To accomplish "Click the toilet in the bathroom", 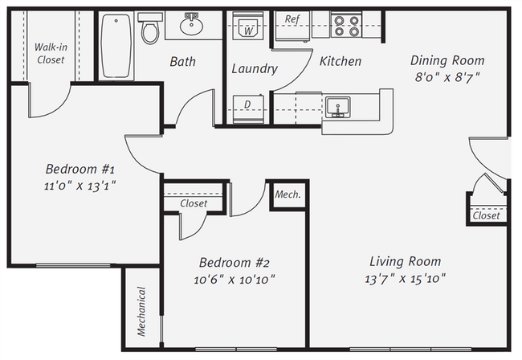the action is click(150, 28).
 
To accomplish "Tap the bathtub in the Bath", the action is click(116, 46).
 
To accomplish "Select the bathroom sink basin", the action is click(191, 24).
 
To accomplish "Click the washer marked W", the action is click(248, 26).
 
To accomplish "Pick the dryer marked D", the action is click(248, 109).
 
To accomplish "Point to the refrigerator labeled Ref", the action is click(292, 26).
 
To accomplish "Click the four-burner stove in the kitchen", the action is click(346, 25).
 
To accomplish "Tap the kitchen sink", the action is click(337, 107).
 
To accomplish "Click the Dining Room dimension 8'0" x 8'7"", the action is click(447, 78).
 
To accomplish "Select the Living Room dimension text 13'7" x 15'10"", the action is click(405, 278).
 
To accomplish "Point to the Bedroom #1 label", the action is click(80, 169).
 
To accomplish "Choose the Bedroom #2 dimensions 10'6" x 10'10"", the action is click(234, 280).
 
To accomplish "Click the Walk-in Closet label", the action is click(51, 53).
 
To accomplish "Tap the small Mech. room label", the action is click(288, 194).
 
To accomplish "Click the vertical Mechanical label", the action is click(141, 311).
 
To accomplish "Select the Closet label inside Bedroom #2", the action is click(194, 203).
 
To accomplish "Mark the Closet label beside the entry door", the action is click(487, 216).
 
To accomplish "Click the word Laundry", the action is click(255, 69).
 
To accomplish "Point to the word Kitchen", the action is click(341, 61).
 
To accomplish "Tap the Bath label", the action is click(183, 62).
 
